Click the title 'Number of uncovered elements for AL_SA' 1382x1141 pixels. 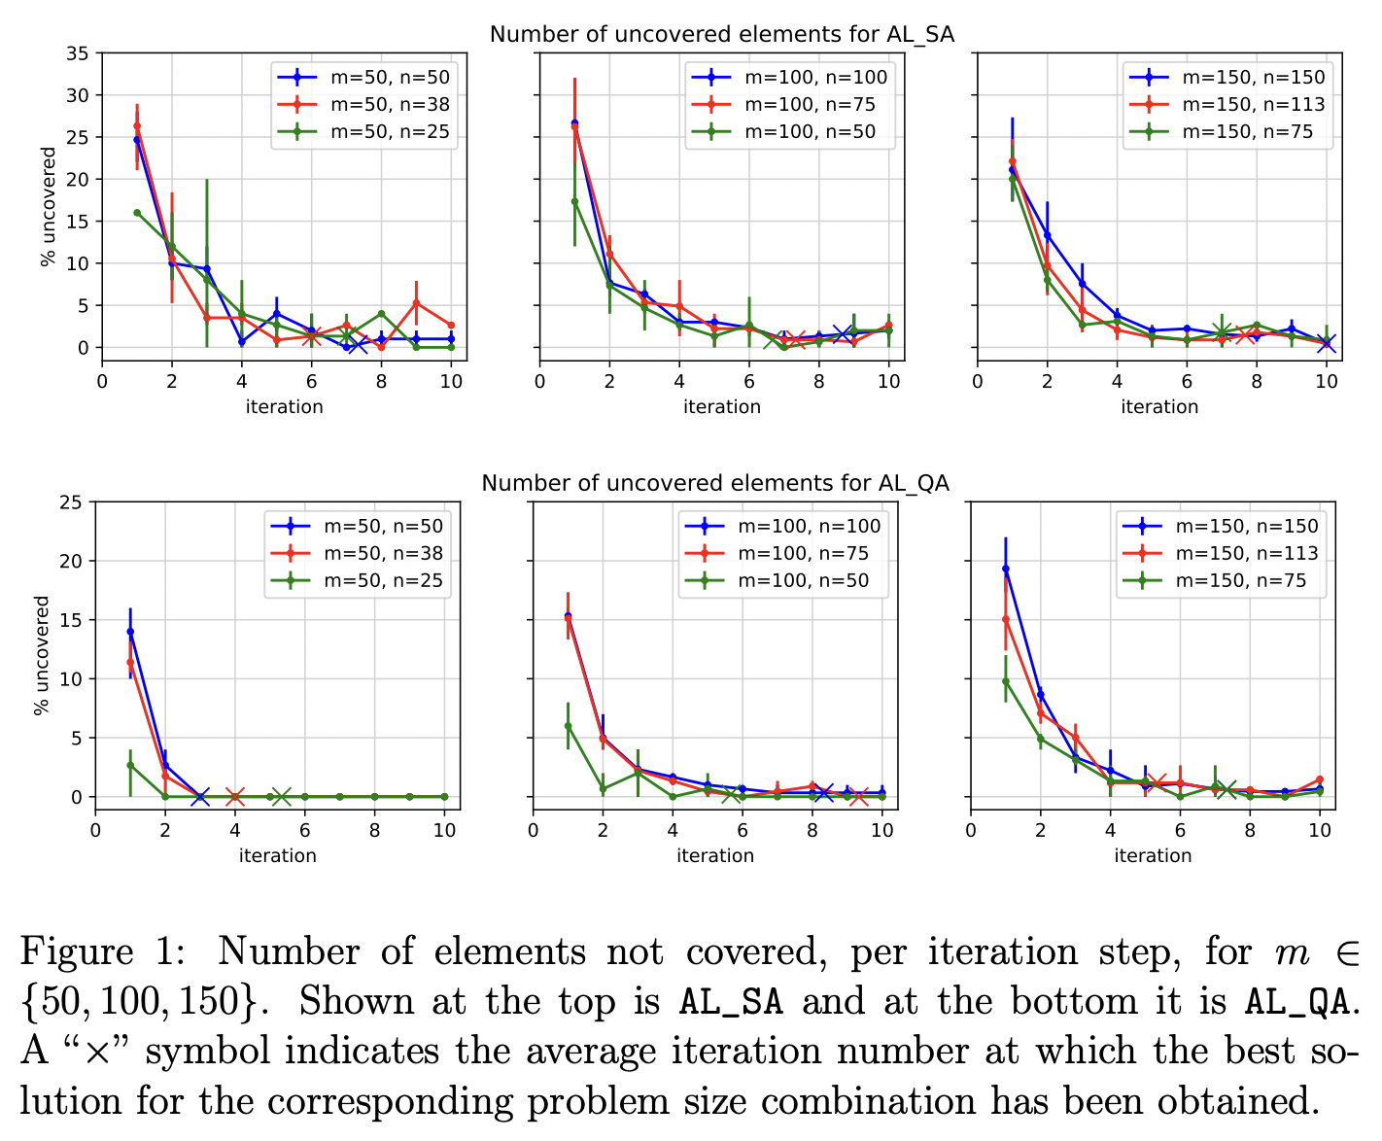(721, 35)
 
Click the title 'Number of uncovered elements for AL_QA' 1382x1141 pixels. (715, 483)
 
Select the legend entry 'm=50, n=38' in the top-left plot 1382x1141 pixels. (389, 105)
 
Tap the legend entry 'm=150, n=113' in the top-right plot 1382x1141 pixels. (1254, 105)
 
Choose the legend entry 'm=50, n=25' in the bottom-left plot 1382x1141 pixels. (382, 581)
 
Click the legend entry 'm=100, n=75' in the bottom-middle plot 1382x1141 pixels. (803, 554)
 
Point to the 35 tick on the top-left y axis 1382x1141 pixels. (77, 53)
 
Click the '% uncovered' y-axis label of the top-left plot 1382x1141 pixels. (48, 206)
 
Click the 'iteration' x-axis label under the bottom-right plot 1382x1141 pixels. (1153, 855)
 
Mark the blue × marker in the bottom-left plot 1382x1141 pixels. (200, 797)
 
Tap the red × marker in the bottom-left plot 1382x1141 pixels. (234, 797)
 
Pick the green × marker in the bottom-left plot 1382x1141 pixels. (281, 797)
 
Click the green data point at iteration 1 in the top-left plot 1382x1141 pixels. (137, 213)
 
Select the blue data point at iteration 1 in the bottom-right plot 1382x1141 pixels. (1006, 569)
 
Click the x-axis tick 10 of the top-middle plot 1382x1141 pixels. (889, 382)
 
